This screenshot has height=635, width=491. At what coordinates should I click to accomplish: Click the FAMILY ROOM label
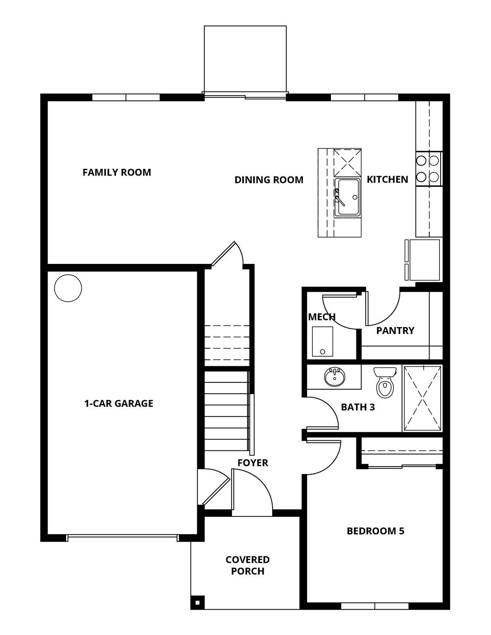[117, 172]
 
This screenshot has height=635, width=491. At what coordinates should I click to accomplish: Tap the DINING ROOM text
[269, 180]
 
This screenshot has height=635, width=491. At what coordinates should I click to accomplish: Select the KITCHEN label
[387, 179]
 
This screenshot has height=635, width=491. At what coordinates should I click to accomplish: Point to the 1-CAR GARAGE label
[119, 404]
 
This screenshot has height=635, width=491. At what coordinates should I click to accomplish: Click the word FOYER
[253, 463]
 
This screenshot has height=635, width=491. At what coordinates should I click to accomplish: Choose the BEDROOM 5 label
[376, 531]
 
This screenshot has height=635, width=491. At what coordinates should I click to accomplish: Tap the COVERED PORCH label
[248, 565]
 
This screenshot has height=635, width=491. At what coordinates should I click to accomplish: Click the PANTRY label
[395, 330]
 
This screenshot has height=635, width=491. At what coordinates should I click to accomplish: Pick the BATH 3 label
[358, 407]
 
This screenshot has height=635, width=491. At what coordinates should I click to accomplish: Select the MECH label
[322, 317]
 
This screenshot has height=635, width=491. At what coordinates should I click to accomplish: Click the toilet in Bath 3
[385, 382]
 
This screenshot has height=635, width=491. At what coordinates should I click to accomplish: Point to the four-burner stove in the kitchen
[429, 169]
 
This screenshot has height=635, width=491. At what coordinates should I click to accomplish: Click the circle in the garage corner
[68, 288]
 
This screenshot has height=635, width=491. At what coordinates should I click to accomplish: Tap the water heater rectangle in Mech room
[322, 342]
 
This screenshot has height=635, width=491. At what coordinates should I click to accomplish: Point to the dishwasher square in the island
[347, 162]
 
